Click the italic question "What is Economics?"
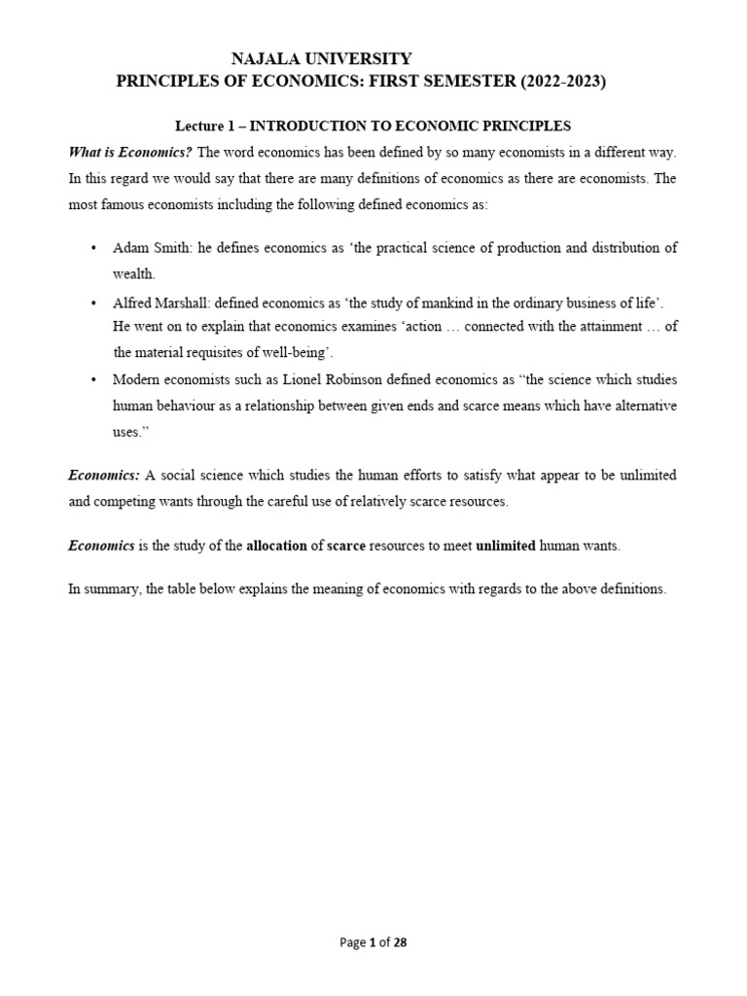(130, 153)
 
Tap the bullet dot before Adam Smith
(93, 248)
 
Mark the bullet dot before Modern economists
(93, 379)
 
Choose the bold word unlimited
(506, 547)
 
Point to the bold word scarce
(346, 547)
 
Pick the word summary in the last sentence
(111, 590)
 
